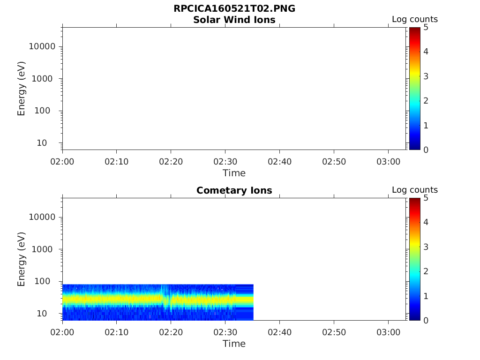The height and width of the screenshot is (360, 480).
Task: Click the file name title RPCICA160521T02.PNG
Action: click(x=234, y=9)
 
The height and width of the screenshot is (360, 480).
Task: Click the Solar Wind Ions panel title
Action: click(x=234, y=20)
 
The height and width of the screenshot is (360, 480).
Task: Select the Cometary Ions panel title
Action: click(x=234, y=190)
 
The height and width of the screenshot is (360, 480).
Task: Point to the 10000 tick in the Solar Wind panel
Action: click(x=42, y=46)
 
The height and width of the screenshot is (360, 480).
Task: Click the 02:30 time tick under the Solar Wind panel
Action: click(x=225, y=161)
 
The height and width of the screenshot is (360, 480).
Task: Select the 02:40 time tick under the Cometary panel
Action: click(x=279, y=332)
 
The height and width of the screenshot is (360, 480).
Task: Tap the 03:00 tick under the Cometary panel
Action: click(x=388, y=332)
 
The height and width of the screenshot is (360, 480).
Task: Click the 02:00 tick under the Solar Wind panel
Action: click(x=62, y=161)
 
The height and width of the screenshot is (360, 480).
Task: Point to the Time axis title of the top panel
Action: click(x=234, y=173)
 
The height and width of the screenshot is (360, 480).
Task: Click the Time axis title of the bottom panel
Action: click(x=234, y=344)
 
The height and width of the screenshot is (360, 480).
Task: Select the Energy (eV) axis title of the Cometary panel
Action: click(x=21, y=259)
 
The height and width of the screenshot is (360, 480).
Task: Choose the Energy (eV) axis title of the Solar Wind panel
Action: click(x=21, y=88)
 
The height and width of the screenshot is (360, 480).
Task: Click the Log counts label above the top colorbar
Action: click(x=415, y=19)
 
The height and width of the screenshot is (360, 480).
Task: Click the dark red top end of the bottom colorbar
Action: click(x=415, y=200)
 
